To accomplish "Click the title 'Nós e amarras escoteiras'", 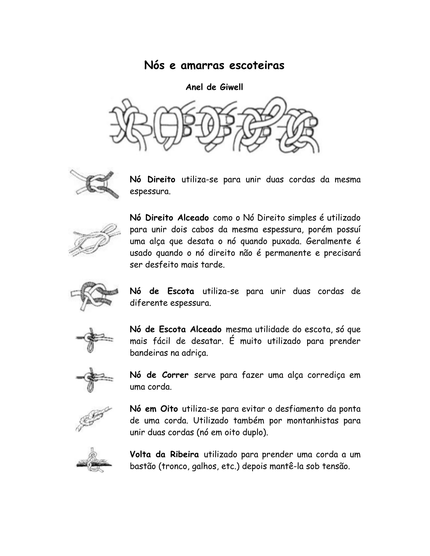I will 214,65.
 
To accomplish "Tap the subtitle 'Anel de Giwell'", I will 214,87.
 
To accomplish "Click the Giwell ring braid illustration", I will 214,125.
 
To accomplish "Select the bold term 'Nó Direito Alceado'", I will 169,218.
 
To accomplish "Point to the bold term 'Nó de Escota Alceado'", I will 176,329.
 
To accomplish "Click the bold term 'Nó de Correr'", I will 159,375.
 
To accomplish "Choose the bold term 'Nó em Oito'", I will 154,409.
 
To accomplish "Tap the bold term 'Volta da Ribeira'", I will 164,454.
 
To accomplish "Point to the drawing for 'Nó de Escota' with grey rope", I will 94,296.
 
